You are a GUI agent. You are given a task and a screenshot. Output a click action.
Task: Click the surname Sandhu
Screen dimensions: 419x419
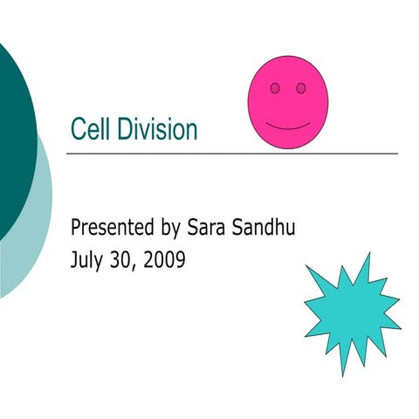[x=267, y=229]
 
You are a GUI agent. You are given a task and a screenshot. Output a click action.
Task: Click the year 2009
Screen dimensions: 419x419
[x=162, y=259]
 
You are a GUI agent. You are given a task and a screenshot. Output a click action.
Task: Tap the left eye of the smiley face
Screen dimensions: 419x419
[x=275, y=88]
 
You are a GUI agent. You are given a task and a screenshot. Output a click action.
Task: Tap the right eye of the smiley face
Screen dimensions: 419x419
[x=300, y=88]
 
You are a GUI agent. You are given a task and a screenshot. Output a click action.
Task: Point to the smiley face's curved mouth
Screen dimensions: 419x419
[x=288, y=127]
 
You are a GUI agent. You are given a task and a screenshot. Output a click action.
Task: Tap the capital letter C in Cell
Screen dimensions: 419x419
[x=76, y=130]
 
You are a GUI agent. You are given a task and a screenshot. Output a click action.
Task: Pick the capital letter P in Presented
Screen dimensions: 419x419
[x=75, y=229]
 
